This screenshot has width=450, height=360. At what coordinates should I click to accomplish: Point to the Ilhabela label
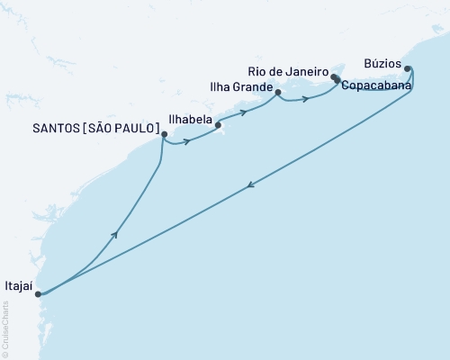(x=190, y=118)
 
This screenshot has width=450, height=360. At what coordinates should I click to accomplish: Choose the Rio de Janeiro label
(x=286, y=70)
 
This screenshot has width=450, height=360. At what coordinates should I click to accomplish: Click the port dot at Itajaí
(x=38, y=294)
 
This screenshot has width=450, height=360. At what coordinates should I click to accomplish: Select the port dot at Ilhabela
(x=219, y=125)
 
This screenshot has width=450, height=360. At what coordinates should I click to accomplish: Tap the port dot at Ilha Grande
(x=278, y=92)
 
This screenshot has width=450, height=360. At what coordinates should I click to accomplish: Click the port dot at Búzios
(x=408, y=68)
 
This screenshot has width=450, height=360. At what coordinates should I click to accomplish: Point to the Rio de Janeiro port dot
(x=334, y=77)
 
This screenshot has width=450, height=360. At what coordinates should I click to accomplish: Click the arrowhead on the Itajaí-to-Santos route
(x=114, y=234)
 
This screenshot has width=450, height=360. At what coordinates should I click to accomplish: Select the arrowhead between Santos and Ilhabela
(x=186, y=142)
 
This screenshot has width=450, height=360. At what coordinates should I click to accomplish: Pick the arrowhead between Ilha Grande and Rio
(x=306, y=98)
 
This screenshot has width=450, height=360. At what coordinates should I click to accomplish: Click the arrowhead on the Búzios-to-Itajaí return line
(x=249, y=185)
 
